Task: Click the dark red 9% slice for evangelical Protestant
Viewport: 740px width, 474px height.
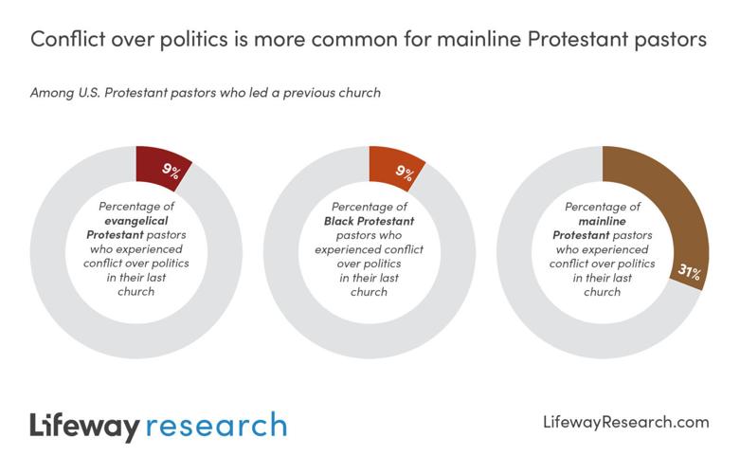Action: tap(161, 169)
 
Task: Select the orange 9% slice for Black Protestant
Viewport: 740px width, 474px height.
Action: tap(394, 169)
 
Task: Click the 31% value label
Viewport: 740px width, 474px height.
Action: tap(689, 273)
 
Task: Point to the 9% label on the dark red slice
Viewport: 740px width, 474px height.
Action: tap(171, 171)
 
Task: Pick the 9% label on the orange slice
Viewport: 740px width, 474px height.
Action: tap(404, 172)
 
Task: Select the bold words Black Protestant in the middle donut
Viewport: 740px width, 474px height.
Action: tap(370, 220)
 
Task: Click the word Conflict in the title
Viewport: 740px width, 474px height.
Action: tap(68, 39)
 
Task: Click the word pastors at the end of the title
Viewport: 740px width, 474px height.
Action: tap(670, 39)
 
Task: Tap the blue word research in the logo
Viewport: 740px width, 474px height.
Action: tap(218, 426)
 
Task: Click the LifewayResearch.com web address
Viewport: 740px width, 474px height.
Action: tap(626, 422)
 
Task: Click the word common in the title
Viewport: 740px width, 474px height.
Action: tap(328, 39)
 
